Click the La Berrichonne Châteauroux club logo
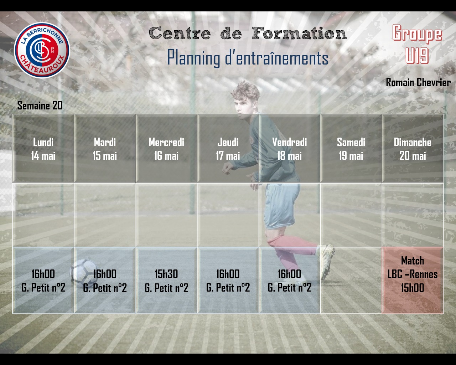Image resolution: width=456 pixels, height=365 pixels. [x=42, y=50]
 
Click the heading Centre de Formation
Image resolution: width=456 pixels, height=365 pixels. [x=248, y=33]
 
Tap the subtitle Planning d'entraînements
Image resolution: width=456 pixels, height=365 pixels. [x=248, y=57]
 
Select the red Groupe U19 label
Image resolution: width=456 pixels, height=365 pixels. [x=417, y=44]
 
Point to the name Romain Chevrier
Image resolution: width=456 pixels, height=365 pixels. [x=418, y=82]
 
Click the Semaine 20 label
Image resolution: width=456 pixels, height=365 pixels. [x=40, y=106]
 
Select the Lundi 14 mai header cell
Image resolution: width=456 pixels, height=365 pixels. [x=43, y=149]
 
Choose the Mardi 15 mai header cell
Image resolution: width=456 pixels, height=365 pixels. [x=105, y=149]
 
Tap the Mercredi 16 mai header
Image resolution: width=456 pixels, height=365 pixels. [x=167, y=149]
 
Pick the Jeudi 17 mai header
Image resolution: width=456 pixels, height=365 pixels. [x=228, y=149]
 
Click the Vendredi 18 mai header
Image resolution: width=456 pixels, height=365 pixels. [x=290, y=149]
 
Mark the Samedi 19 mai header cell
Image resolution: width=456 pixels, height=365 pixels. [x=351, y=149]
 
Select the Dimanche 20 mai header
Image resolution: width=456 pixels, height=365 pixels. [x=413, y=149]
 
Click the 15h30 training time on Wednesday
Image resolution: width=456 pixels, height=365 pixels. [x=166, y=274]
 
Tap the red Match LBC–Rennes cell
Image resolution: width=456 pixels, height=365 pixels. [x=413, y=280]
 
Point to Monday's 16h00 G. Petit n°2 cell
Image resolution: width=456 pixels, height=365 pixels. [x=43, y=280]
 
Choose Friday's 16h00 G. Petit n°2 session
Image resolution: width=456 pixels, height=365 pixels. [x=290, y=280]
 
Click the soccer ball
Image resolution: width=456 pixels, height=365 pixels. [x=84, y=273]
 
